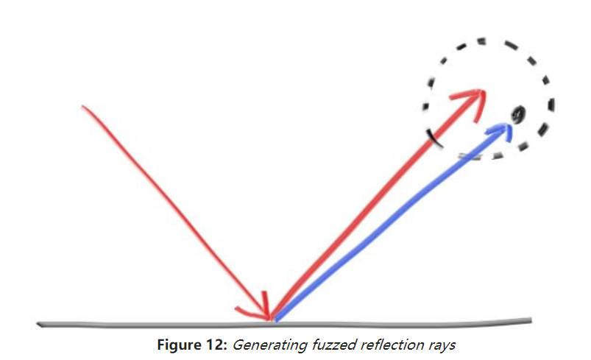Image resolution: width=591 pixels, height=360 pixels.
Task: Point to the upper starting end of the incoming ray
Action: click(x=84, y=107)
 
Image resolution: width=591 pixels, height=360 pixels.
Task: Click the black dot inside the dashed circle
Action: click(x=517, y=114)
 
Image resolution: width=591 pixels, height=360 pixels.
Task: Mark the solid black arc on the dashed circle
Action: click(x=435, y=137)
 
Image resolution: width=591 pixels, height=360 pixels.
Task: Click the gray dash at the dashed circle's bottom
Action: click(x=472, y=155)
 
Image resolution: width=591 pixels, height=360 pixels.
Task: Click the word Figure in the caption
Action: click(x=177, y=344)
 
